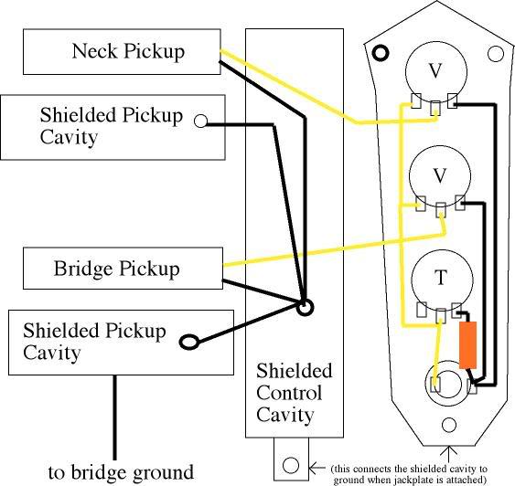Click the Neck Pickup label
(x=128, y=51)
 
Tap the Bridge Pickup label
(x=116, y=269)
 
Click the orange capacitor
(x=467, y=345)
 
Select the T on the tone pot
(x=440, y=277)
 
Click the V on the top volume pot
(x=435, y=70)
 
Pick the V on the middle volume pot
(x=440, y=175)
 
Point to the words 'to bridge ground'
(x=121, y=472)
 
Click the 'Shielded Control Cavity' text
(x=294, y=393)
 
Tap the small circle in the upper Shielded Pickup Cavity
(x=200, y=121)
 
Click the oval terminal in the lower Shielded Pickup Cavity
(x=189, y=342)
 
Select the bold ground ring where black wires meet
(x=306, y=307)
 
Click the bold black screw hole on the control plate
(x=381, y=52)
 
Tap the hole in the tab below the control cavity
(x=291, y=465)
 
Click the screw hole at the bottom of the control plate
(x=448, y=425)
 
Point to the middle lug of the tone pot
(x=440, y=316)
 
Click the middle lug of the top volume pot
(x=435, y=108)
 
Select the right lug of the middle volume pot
(x=460, y=203)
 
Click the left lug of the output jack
(x=435, y=384)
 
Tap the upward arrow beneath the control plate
(x=448, y=456)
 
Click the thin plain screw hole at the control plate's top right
(x=496, y=54)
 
